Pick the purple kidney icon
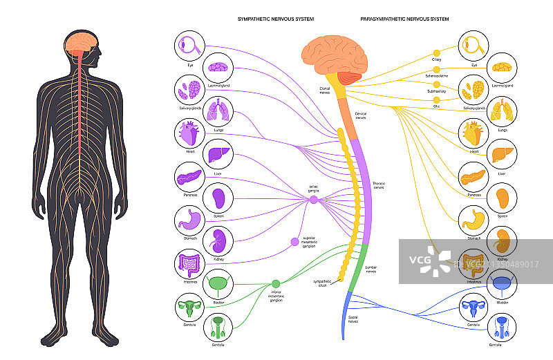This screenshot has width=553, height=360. tap(219, 242)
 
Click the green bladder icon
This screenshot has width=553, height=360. tap(219, 284)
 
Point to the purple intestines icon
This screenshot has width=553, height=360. tap(189, 263)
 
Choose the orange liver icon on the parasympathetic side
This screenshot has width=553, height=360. tap(502, 154)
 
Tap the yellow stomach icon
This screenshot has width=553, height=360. tap(474, 220)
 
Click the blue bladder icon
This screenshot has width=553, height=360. tap(502, 283)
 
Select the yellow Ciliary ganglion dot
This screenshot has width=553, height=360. tap(436, 53)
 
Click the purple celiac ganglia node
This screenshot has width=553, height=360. tap(313, 200)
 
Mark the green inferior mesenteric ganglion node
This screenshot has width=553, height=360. tap(276, 283)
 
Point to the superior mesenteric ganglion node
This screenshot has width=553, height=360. tap(295, 241)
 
